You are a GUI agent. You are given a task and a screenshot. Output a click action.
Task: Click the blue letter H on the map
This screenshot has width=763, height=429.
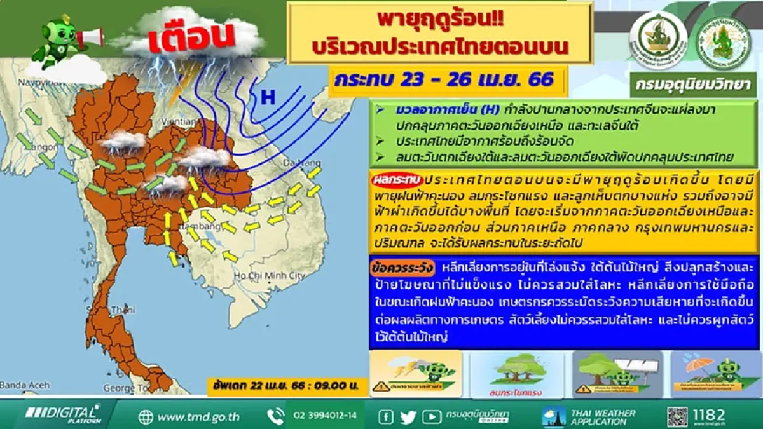tap(268, 97)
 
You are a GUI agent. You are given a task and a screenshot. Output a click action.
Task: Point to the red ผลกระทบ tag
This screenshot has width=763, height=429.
tap(396, 181)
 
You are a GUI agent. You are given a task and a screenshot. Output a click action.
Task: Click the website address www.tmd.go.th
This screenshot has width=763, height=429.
tap(198, 417)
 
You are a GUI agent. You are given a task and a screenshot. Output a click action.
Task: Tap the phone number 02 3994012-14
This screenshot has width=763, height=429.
tap(325, 417)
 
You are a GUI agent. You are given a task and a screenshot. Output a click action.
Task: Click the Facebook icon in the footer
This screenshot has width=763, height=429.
tap(385, 417)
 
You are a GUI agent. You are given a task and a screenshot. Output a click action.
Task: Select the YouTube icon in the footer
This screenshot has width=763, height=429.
tap(430, 417)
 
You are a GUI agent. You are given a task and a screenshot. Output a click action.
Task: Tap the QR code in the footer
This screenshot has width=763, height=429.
tap(677, 417)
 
